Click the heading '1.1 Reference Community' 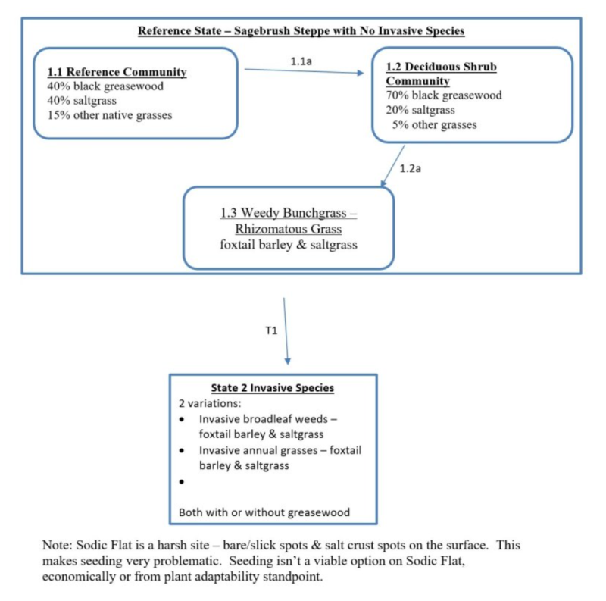(117, 72)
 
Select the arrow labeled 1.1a (303, 71)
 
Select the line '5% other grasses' (434, 124)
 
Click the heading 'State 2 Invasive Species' (273, 387)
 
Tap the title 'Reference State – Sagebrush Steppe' (301, 31)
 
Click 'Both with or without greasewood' (264, 512)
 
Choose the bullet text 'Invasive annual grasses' (270, 450)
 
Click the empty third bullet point (182, 482)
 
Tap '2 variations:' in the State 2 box (208, 403)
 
